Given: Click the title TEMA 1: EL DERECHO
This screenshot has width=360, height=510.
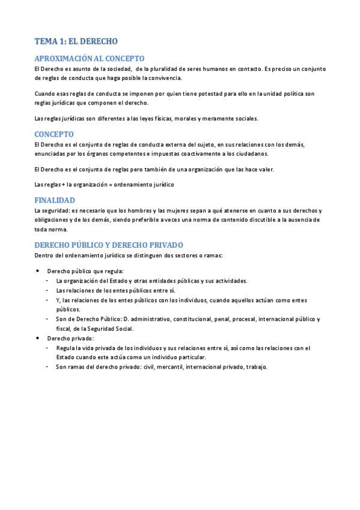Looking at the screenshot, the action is click(76, 42).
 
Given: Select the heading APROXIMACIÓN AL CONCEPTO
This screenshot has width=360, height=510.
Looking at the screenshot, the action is click(90, 58).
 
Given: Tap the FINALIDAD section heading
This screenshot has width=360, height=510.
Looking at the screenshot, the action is click(55, 200).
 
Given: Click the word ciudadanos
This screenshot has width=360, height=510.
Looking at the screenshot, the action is click(249, 153).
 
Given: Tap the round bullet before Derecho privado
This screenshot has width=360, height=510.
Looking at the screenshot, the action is click(38, 339).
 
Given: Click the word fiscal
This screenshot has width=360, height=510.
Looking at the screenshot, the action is click(63, 329).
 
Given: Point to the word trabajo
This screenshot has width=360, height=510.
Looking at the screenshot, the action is click(255, 367).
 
